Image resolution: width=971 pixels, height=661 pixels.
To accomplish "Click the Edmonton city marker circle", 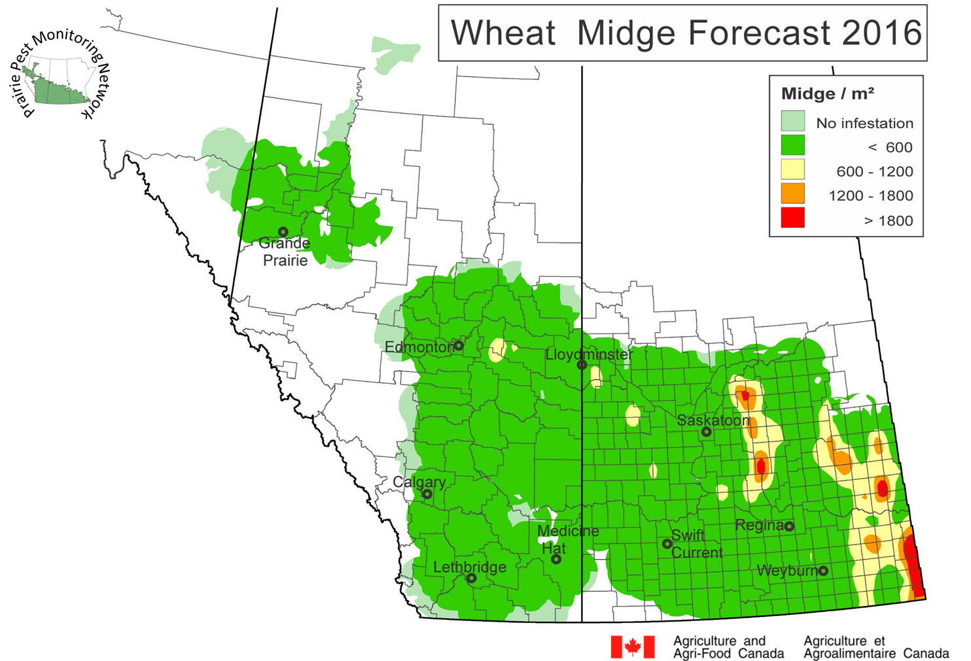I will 459,345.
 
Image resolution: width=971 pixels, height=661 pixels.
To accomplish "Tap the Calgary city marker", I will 427,494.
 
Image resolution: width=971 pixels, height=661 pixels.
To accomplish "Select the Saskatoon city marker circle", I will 706,432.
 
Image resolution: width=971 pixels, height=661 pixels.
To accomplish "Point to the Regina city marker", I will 789,526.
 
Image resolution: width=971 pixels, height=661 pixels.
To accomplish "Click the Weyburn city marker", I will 823,571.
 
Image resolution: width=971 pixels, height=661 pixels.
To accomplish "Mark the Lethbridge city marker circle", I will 471,578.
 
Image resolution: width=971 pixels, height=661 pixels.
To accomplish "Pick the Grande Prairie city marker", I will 283,231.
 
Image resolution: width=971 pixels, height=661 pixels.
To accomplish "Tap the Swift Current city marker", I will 667,543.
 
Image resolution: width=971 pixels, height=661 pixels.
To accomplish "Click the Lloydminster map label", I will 589,354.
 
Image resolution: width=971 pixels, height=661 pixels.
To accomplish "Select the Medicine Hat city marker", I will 556,559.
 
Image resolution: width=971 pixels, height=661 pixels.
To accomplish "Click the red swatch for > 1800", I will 792,217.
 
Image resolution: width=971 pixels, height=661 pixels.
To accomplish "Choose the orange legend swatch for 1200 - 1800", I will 792,194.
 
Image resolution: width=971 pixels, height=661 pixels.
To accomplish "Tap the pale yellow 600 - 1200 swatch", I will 792,169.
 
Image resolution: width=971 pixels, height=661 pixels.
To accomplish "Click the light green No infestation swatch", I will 792,121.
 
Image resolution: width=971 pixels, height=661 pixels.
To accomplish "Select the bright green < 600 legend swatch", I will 792,145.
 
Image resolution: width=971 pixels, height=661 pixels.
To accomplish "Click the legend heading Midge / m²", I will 828,94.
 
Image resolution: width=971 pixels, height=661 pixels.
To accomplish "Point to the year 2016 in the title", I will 881,33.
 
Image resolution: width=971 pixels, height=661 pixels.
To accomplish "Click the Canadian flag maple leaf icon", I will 633,647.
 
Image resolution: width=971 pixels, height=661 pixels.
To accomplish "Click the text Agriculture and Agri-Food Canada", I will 728,647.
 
